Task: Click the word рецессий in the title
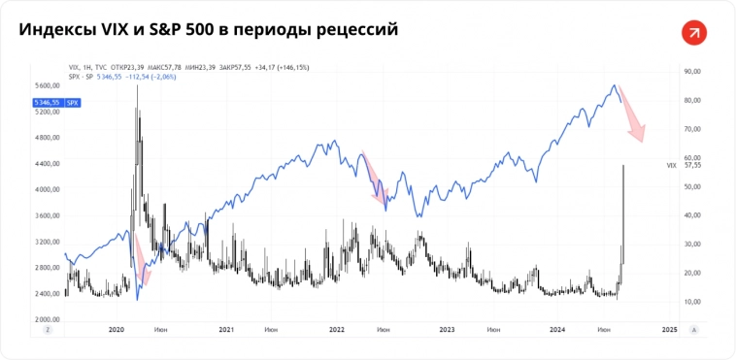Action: tap(353, 30)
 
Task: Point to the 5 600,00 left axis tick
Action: tap(48, 86)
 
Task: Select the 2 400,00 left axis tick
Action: tap(48, 293)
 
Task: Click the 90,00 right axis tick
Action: tap(692, 71)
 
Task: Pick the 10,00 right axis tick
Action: tap(692, 302)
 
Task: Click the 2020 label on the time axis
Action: tap(117, 330)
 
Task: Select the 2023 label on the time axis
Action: tap(447, 330)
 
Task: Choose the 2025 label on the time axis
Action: tap(668, 330)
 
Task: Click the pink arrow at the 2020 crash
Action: tap(142, 260)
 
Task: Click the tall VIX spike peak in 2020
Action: tap(137, 87)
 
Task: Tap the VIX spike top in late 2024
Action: tap(623, 167)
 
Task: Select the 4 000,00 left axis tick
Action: tap(48, 189)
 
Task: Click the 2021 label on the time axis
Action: tap(226, 330)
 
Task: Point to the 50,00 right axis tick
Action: tap(692, 186)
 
